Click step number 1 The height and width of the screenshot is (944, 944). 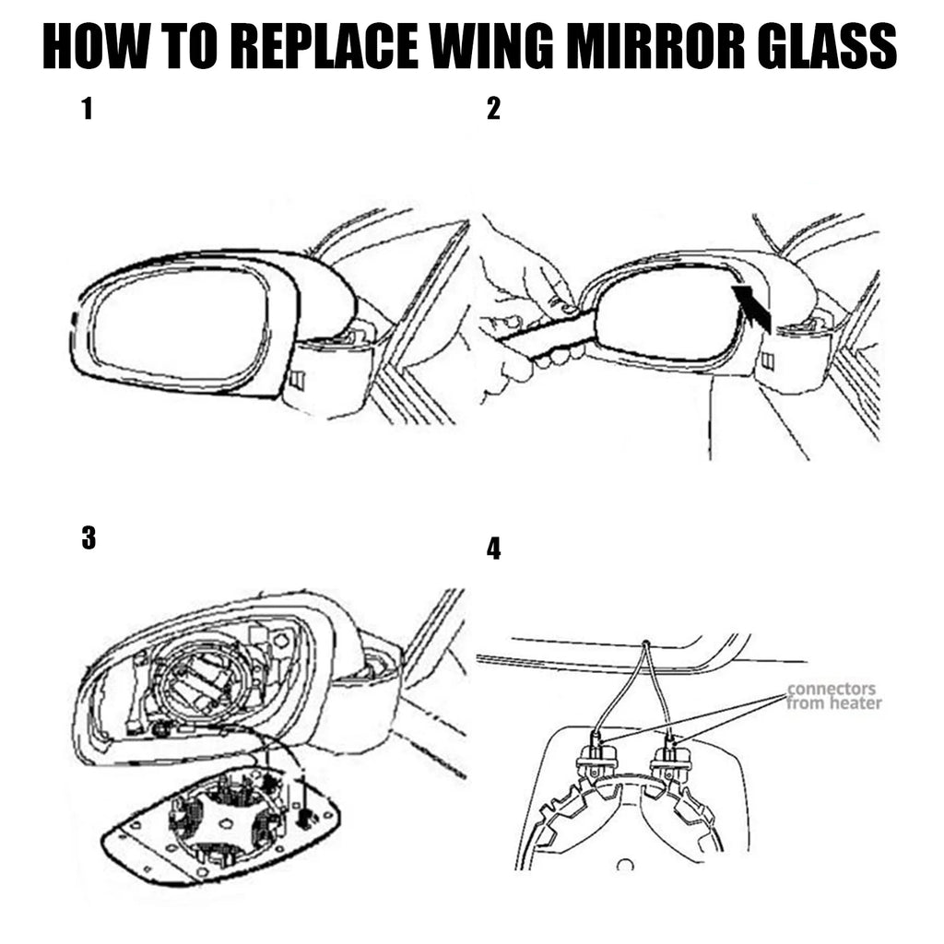(x=87, y=111)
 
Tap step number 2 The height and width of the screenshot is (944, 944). (x=493, y=111)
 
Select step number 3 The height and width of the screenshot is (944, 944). (x=88, y=538)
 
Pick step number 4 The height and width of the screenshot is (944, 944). (x=494, y=550)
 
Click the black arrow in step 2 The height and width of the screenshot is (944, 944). (x=753, y=308)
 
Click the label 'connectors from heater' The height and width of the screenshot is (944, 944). (x=833, y=696)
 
